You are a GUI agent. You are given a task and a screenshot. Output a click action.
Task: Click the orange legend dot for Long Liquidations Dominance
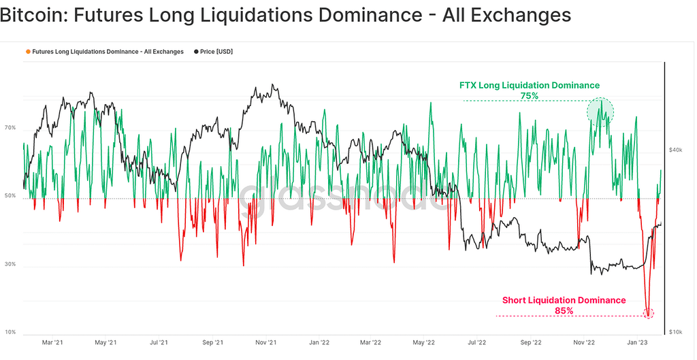click(x=28, y=52)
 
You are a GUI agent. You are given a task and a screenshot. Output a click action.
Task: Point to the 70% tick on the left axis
click(x=10, y=127)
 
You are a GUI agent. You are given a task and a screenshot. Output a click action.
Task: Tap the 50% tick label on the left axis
click(x=10, y=196)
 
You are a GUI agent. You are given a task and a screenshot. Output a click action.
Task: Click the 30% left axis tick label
click(x=10, y=264)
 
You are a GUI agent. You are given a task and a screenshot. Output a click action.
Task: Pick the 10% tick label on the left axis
click(x=10, y=332)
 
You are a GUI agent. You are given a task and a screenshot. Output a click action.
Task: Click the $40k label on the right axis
click(x=675, y=150)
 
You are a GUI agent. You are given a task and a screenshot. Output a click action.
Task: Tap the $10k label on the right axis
click(x=675, y=331)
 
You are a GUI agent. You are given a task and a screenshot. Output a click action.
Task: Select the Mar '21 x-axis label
click(x=53, y=344)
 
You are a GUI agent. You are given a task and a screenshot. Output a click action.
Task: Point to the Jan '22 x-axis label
click(x=319, y=344)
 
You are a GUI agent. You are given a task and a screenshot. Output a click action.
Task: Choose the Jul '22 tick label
click(x=476, y=344)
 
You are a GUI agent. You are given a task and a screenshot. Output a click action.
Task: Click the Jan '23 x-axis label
click(x=636, y=344)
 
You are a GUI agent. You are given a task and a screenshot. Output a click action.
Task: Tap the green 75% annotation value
click(x=529, y=96)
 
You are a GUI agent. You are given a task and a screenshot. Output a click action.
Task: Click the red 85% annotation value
click(x=564, y=311)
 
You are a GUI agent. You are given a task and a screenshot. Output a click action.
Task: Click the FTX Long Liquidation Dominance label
click(x=529, y=85)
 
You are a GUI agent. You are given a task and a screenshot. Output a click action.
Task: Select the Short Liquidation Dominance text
click(x=564, y=300)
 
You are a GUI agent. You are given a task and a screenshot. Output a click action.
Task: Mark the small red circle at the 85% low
click(x=648, y=314)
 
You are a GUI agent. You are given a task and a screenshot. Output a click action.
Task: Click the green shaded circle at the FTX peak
click(x=601, y=110)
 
